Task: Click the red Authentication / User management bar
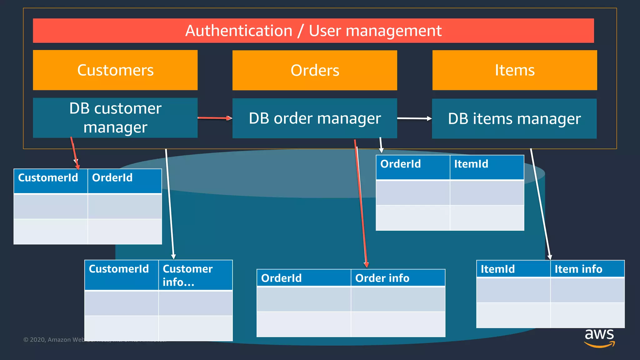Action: click(x=313, y=31)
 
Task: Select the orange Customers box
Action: click(x=115, y=70)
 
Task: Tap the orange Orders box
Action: click(x=315, y=70)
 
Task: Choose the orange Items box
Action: click(x=514, y=70)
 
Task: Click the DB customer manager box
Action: click(x=115, y=118)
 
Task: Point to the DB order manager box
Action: click(x=315, y=118)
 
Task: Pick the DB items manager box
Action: click(x=514, y=119)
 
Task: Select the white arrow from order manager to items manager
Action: click(x=414, y=118)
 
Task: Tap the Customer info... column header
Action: click(x=195, y=275)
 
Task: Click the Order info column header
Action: click(x=398, y=278)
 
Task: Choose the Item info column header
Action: click(x=587, y=269)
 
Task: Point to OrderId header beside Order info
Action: click(x=303, y=278)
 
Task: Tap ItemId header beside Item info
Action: click(x=513, y=269)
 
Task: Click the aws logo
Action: click(x=599, y=337)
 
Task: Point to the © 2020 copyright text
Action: click(x=53, y=340)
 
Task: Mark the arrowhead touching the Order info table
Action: click(x=366, y=265)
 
